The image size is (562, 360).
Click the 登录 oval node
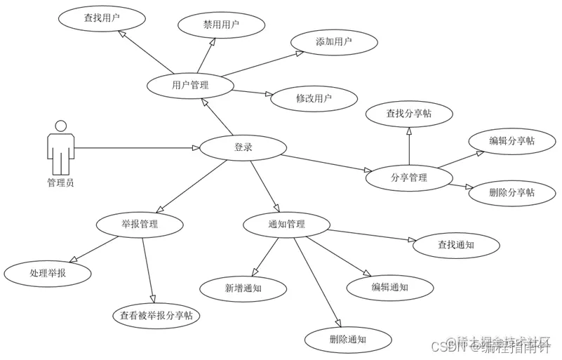click(x=243, y=147)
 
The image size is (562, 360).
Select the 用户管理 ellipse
click(x=190, y=86)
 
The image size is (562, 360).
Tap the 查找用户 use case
click(x=102, y=18)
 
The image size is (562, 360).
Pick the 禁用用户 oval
click(x=221, y=25)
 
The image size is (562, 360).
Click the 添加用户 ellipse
click(x=333, y=42)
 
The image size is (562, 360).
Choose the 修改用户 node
click(x=314, y=98)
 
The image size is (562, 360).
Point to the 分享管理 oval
click(x=408, y=178)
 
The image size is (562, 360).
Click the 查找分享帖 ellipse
click(x=409, y=113)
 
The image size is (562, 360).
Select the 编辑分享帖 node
click(x=511, y=141)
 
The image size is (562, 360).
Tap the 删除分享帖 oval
click(x=511, y=192)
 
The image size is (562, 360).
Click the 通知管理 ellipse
click(x=286, y=225)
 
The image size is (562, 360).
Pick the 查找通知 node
click(x=456, y=245)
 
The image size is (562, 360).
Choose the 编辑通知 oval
click(x=389, y=286)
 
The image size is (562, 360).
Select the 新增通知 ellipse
click(x=243, y=288)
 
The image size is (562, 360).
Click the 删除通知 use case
click(x=347, y=340)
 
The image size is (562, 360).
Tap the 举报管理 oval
click(x=140, y=225)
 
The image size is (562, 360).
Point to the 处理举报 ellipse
click(x=48, y=273)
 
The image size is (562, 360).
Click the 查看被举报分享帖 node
click(x=156, y=316)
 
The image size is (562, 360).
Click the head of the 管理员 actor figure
click(x=60, y=126)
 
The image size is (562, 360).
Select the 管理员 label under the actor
click(x=60, y=183)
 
